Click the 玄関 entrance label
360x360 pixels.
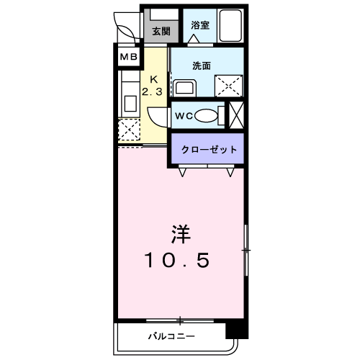point(161,31)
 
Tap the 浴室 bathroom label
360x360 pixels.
point(200,25)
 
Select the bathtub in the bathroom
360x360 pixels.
point(230,25)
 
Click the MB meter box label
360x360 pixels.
point(129,57)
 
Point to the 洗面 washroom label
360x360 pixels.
point(202,66)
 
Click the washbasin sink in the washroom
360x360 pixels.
point(184,88)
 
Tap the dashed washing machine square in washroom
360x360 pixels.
point(228,86)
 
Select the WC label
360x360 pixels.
point(184,116)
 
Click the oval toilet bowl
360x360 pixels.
point(207,116)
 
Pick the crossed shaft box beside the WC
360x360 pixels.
point(236,115)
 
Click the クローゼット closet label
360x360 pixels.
point(209,149)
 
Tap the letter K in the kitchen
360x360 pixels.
point(153,79)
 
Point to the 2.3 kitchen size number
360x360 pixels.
point(152,91)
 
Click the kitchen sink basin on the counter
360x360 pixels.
point(130,104)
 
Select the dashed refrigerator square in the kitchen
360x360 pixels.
point(129,130)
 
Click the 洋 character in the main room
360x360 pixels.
point(181,234)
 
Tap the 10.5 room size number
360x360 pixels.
point(177,260)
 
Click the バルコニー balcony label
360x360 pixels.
point(171,336)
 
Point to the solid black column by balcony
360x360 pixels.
point(237,330)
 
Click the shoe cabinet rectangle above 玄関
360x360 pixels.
point(164,14)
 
